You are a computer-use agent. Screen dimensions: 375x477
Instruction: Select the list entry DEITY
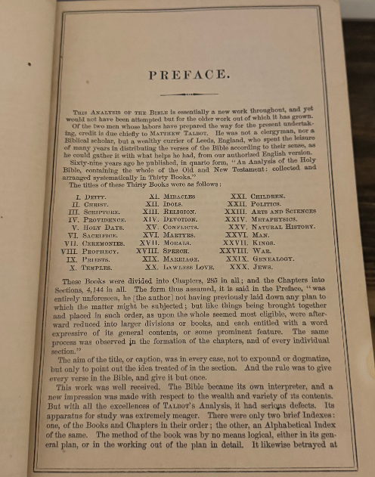pos(107,196)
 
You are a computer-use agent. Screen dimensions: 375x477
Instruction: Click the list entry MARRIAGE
pos(179,278)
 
